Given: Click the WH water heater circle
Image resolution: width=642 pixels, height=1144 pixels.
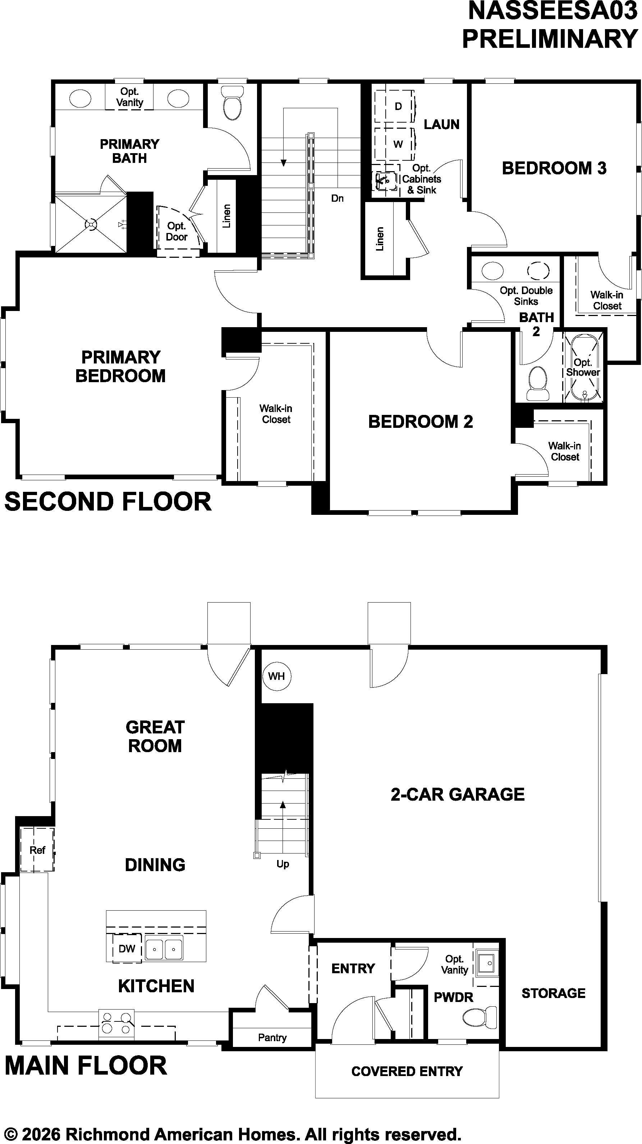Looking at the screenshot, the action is (276, 676).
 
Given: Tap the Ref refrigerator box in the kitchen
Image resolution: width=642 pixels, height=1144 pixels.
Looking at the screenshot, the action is (37, 850).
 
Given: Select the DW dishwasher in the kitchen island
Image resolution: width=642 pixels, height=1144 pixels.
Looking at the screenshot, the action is (127, 948).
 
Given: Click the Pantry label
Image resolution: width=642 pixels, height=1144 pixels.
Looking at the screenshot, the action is (272, 1038).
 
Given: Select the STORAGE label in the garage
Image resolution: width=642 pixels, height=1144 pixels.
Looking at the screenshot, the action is (553, 993).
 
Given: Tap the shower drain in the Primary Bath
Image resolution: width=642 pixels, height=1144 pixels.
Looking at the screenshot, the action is (91, 224).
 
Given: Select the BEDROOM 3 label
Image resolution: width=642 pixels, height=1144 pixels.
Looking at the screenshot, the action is (554, 168).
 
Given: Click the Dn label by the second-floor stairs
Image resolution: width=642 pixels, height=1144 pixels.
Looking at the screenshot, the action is (338, 198).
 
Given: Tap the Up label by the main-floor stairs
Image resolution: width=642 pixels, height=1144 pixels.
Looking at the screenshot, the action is (283, 864).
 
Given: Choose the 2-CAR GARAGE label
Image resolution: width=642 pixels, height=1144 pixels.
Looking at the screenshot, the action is (458, 794).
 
